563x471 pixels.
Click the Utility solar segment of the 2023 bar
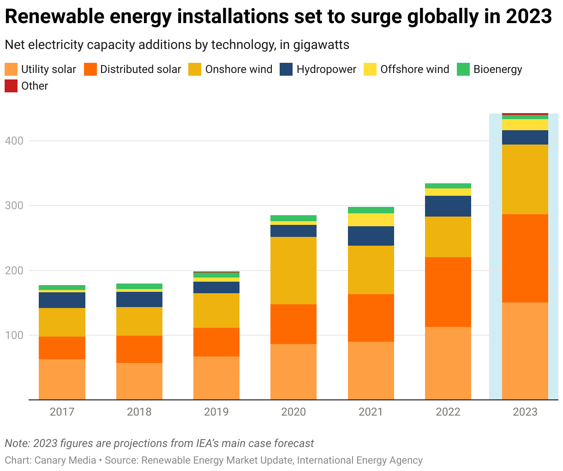(525, 351)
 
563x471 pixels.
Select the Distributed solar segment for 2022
(448, 292)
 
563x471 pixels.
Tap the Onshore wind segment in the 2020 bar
(293, 270)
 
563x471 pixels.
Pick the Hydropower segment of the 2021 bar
(371, 235)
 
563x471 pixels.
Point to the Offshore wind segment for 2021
(371, 219)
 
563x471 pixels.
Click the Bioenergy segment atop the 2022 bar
(448, 186)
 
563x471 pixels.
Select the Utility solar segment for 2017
(62, 379)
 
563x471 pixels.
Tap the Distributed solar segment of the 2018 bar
(139, 349)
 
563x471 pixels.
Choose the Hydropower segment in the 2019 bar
(216, 287)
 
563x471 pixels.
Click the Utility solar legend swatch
(11, 69)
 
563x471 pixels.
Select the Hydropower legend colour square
(286, 69)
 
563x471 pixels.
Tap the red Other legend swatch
(11, 86)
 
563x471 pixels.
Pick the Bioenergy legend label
(497, 69)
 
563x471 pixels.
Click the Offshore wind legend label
(414, 69)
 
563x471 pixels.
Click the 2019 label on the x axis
(216, 411)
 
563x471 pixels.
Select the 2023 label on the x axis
(525, 411)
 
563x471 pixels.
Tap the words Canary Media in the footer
(65, 460)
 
